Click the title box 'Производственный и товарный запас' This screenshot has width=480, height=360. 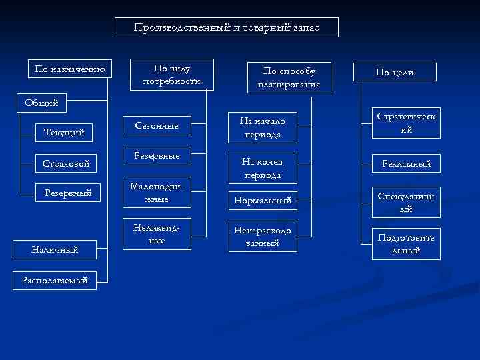227,27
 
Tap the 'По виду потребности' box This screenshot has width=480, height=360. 171,75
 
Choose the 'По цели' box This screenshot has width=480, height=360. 395,72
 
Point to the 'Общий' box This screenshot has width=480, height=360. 41,103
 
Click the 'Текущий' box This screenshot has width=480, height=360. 64,133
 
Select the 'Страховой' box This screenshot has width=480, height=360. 66,163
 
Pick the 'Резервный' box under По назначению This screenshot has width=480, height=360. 67,193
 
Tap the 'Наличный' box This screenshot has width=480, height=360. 55,249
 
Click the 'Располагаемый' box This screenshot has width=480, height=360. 55,281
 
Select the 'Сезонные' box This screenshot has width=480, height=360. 157,125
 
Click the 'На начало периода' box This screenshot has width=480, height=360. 262,127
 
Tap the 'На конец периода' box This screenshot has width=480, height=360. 262,168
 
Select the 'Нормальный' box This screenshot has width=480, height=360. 262,200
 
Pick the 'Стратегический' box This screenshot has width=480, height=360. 405,123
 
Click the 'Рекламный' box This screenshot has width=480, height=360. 405,163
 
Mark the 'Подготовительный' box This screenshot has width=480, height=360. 405,244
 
